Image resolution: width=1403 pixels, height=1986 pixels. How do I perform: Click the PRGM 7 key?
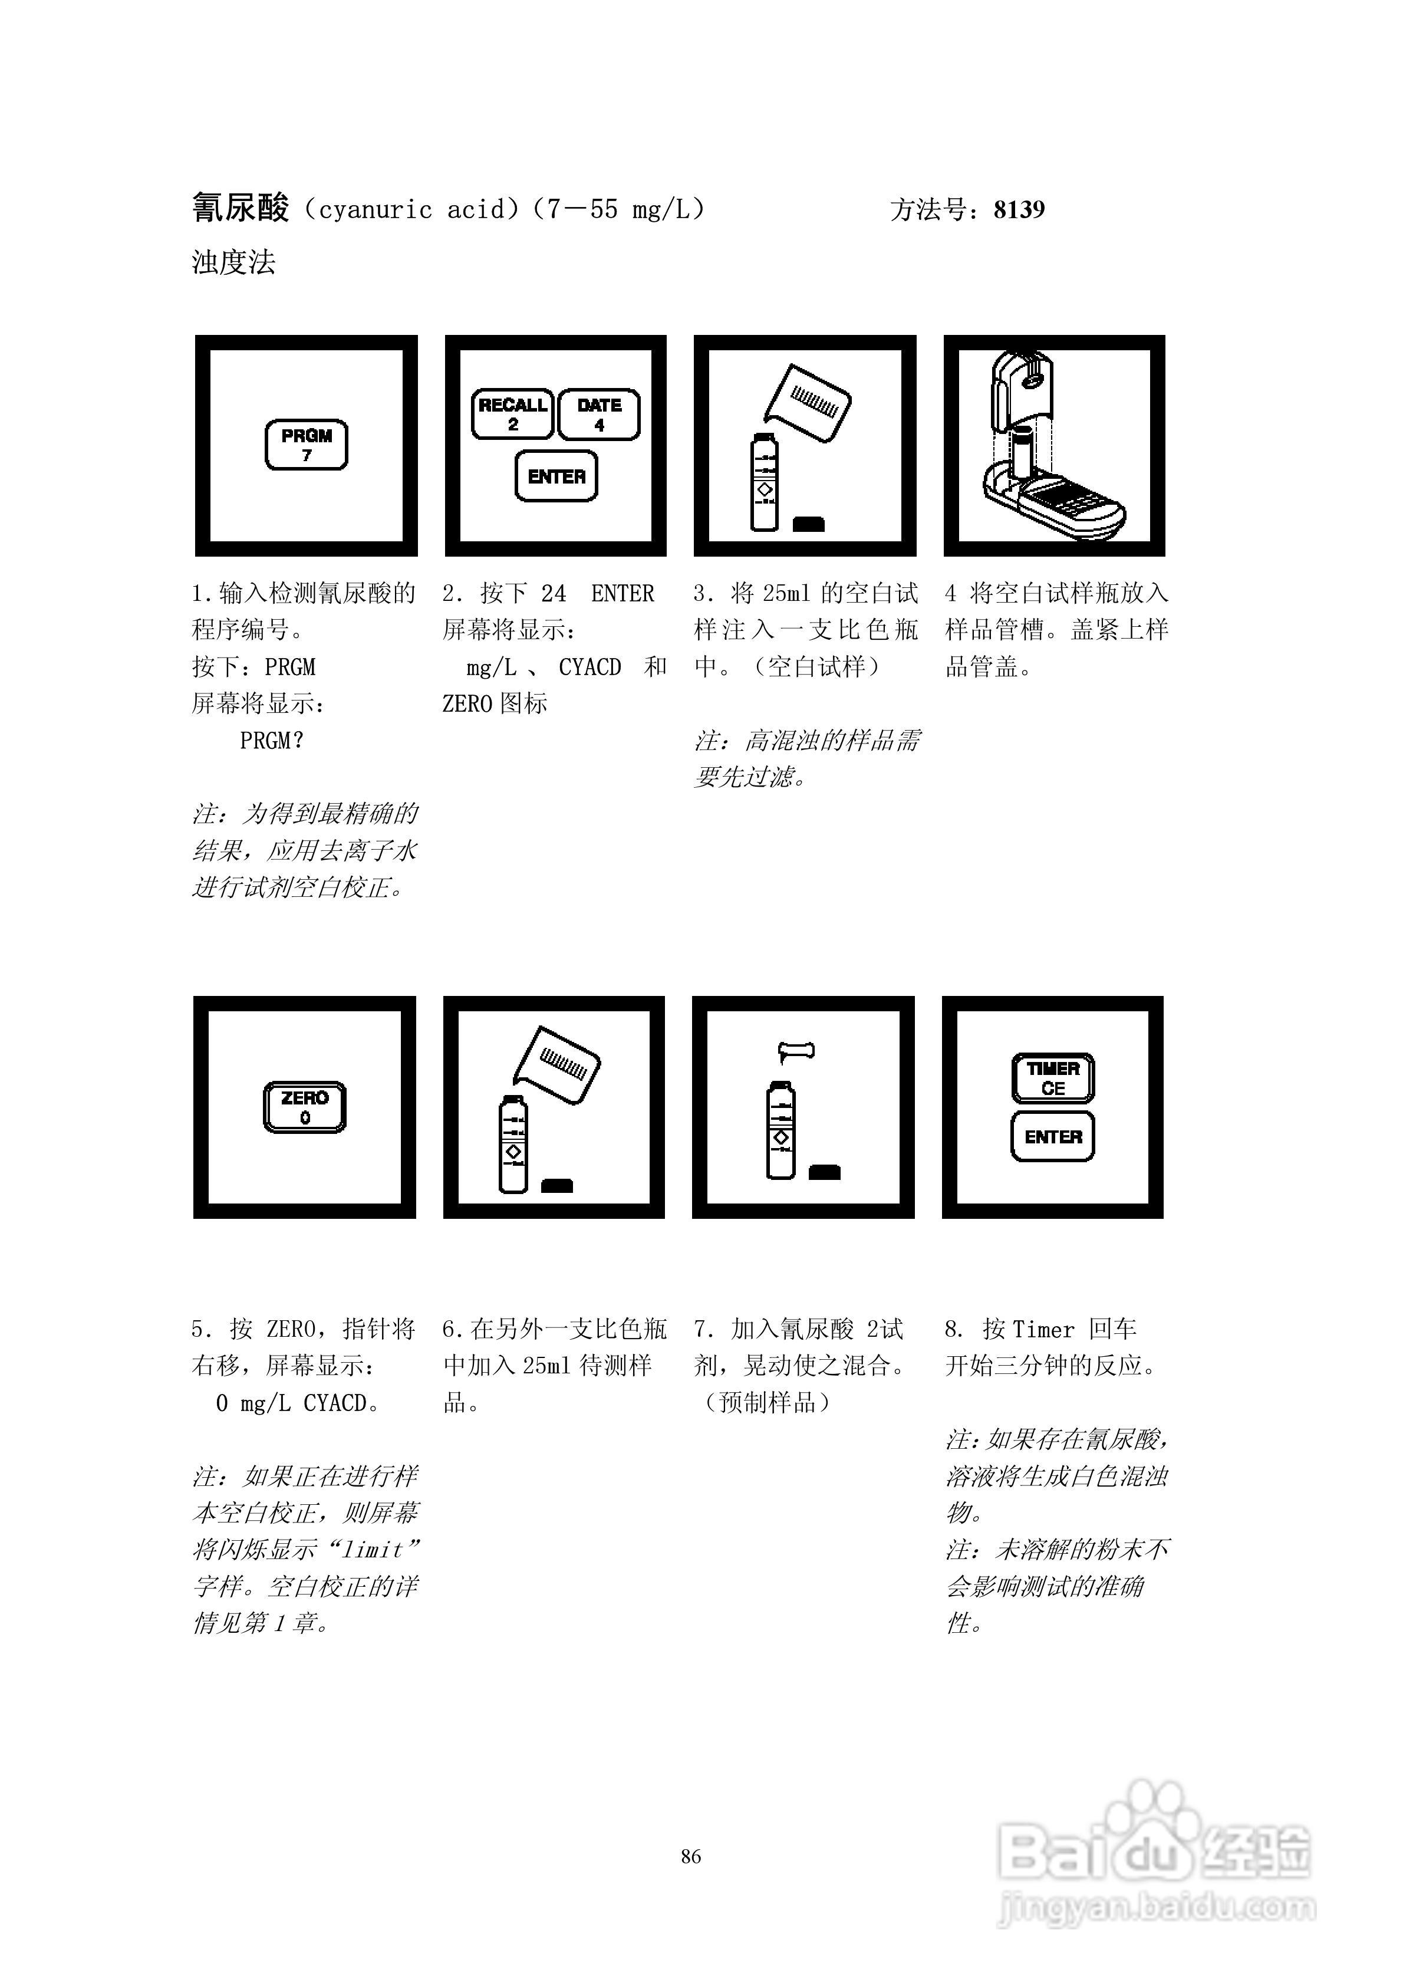tap(306, 445)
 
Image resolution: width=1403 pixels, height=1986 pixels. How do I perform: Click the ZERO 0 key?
tap(304, 1107)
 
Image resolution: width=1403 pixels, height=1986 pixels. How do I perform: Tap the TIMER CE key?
tap(1053, 1078)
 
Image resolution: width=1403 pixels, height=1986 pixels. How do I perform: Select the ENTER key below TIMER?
tap(1053, 1137)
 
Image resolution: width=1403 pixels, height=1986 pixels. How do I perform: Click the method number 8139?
tap(1019, 210)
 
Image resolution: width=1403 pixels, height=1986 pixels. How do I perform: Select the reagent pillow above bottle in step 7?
tap(796, 1051)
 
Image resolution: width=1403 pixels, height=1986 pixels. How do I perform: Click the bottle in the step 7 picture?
tap(781, 1130)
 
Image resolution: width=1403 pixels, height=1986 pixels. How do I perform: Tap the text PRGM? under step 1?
tap(272, 741)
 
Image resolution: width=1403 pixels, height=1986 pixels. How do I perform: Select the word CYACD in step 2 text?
tap(590, 668)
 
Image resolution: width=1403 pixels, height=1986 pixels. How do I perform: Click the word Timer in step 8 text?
tap(1043, 1330)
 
